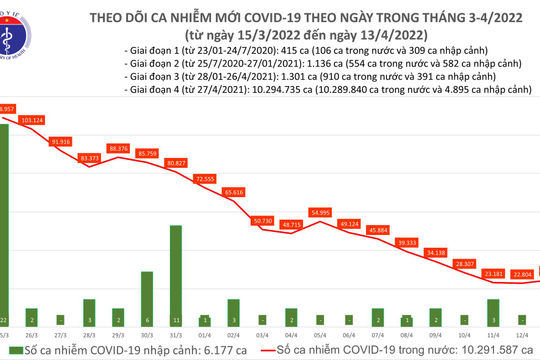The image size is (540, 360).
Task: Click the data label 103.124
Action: [59, 120]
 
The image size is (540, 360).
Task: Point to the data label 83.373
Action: [90, 158]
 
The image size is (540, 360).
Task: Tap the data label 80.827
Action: [177, 162]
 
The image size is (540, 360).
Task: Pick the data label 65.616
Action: [234, 191]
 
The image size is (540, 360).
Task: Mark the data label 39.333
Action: [407, 242]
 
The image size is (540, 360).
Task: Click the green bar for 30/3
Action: [147, 290]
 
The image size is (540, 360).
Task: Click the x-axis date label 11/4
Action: [493, 320]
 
